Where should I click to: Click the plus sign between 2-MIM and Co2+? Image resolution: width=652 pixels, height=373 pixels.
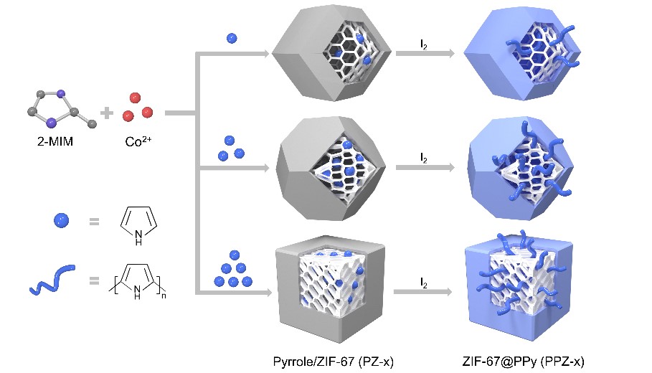107,113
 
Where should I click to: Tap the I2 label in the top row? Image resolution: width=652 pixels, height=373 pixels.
425,44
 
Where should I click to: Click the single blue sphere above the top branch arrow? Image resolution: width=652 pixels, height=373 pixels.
231,39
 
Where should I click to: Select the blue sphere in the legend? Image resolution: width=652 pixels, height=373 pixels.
61,222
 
